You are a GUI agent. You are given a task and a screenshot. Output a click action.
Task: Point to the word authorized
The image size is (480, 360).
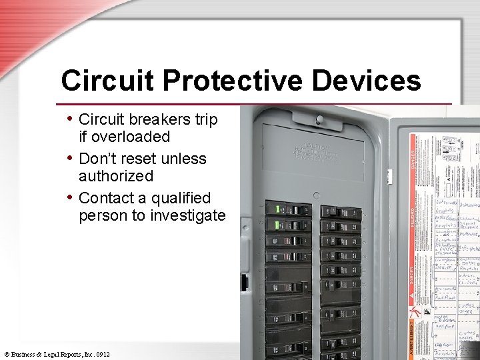115,176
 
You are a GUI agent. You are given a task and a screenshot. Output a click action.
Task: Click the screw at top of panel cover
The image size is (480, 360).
319,120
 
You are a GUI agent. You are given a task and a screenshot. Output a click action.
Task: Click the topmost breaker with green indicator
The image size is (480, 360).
287,209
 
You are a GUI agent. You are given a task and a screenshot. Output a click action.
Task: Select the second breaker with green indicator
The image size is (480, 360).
287,225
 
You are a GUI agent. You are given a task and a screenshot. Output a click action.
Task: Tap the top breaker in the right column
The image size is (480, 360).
340,212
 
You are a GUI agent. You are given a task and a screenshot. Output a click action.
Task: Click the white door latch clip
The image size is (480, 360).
390,176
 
